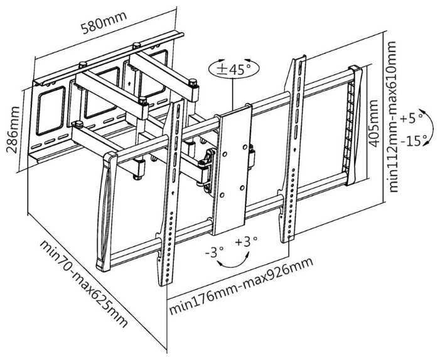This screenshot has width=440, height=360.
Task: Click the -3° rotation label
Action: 214,252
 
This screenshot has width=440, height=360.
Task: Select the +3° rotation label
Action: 247,242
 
